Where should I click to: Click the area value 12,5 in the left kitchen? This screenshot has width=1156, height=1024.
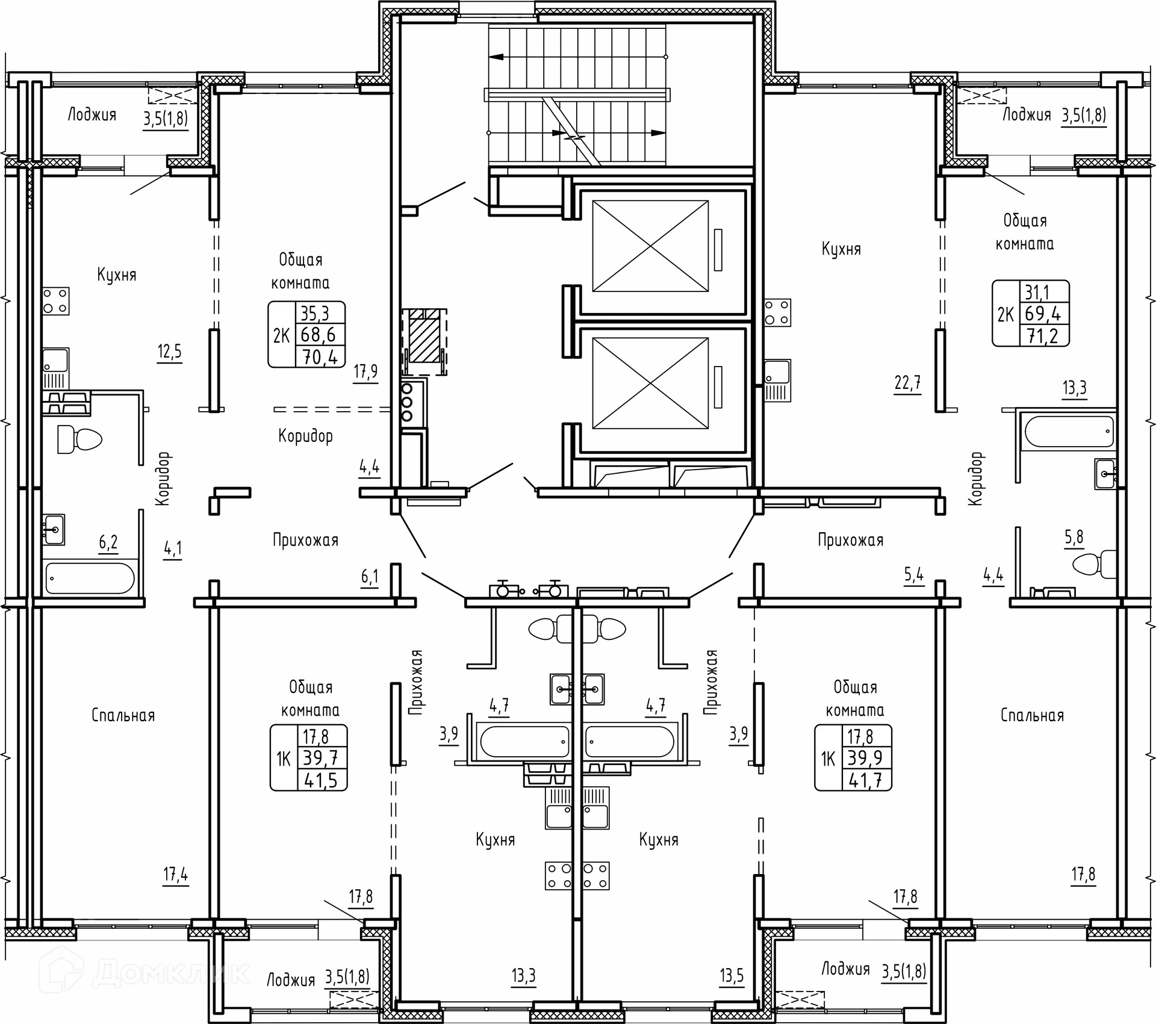point(169,351)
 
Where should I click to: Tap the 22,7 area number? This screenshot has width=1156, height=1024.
point(907,382)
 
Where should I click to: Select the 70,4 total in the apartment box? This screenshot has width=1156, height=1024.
point(320,357)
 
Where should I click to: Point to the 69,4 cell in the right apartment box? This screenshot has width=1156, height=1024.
point(1043,313)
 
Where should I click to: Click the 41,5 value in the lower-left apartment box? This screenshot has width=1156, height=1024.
point(322,781)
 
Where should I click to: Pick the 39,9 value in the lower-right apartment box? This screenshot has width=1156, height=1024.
point(865,758)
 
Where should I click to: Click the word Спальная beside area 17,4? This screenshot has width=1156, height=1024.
point(123,715)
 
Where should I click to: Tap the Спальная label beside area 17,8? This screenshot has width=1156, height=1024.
point(1032,715)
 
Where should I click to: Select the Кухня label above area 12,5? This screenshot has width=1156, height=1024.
point(117,275)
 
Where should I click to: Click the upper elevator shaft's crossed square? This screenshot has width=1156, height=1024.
point(650,246)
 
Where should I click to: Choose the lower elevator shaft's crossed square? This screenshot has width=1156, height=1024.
point(650,383)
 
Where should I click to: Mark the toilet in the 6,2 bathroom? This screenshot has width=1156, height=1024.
point(79,439)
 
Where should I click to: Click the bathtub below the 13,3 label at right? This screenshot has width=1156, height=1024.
point(1069,432)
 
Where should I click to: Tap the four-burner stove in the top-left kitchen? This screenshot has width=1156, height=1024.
point(55,301)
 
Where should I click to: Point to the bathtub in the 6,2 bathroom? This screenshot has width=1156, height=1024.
point(90,579)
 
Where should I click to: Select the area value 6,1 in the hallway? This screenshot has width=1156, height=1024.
point(370,577)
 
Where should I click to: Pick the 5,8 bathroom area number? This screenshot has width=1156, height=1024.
point(1074,536)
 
